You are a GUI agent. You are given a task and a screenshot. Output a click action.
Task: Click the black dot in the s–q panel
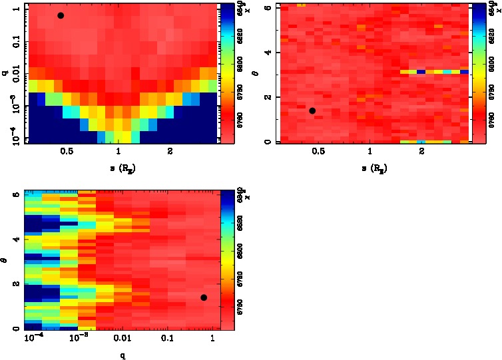coord(61,15)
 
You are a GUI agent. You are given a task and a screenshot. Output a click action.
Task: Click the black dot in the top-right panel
coord(312,110)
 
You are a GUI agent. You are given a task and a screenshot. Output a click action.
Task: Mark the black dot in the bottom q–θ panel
coord(204,297)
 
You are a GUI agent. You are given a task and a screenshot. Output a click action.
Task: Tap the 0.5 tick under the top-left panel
coord(67,152)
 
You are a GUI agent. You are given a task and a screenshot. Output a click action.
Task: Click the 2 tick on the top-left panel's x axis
coord(170,152)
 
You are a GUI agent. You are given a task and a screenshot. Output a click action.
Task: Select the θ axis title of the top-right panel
coord(259,73)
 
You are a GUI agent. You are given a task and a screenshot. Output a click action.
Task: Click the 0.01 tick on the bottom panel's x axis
coord(123,340)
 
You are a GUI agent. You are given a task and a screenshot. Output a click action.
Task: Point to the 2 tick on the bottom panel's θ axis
coord(16,283)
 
